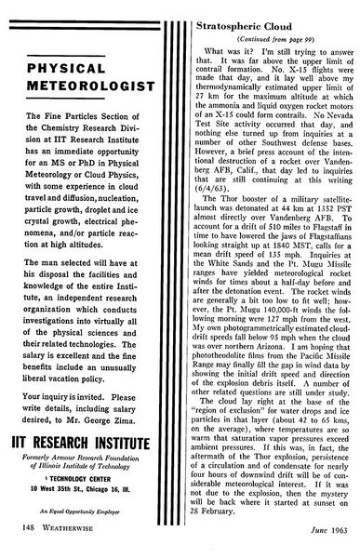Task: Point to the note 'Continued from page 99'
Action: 270,28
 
